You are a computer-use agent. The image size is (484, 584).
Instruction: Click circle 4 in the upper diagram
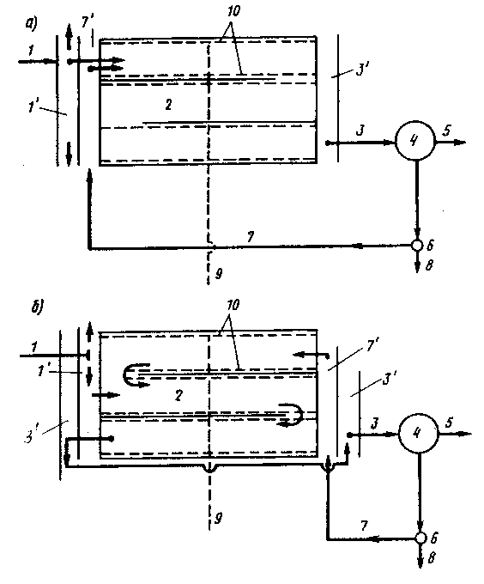coord(414,141)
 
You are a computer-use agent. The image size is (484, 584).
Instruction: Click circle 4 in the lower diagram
coord(418,433)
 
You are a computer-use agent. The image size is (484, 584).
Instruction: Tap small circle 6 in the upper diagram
coord(417,245)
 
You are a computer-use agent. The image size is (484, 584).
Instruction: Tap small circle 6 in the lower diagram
coord(420,538)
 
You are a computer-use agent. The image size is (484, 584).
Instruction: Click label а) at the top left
coord(31,24)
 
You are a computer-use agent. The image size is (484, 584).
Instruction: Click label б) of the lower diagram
coord(38,307)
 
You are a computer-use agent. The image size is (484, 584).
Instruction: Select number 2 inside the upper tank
coord(168,105)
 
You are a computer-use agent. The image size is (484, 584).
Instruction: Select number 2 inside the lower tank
coord(178,395)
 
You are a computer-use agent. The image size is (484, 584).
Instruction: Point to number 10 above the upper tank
coord(233,11)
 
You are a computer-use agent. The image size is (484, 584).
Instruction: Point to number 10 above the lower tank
coord(233,306)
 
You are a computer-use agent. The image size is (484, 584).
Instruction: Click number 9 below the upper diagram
coord(219,274)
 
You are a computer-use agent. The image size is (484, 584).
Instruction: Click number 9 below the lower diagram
coord(219,518)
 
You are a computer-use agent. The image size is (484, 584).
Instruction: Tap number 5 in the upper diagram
coord(446,131)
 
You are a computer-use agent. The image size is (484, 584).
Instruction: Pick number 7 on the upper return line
coord(251,236)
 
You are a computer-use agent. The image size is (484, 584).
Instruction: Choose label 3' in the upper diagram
coord(361,70)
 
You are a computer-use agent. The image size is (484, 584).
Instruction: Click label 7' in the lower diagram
coord(372,346)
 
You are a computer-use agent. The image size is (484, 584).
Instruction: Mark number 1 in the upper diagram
coord(31,50)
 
